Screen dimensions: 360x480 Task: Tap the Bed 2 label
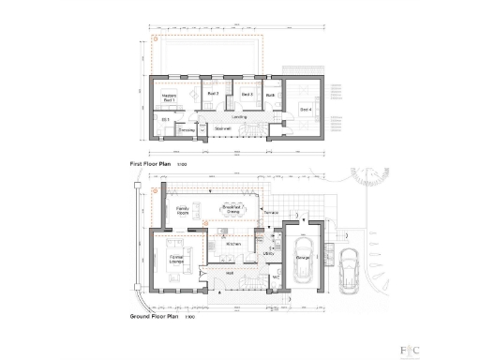click(212, 94)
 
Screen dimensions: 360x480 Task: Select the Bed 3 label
click(247, 94)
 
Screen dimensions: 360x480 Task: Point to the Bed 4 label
click(306, 110)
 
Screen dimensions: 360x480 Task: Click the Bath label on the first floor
click(270, 95)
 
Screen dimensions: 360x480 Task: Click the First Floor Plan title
click(150, 164)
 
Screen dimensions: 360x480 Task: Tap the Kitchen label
click(233, 244)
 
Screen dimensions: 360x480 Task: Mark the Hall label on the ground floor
click(228, 273)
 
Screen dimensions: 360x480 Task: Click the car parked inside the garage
click(303, 266)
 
